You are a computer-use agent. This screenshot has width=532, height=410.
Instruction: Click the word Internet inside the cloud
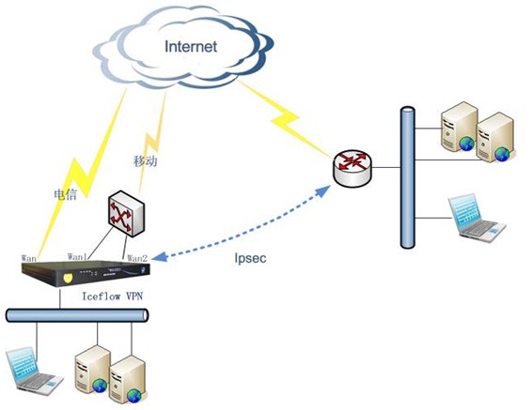[191, 46]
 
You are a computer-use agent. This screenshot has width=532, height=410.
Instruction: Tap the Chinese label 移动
[145, 161]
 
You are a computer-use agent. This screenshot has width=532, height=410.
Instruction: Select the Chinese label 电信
[66, 194]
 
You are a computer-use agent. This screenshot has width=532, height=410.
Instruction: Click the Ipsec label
[250, 258]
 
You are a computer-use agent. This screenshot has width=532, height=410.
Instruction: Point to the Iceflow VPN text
[112, 296]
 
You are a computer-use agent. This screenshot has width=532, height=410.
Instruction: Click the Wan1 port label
[77, 257]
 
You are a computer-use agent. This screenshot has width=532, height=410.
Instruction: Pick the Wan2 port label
[137, 259]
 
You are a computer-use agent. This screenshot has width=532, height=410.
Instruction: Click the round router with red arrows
[352, 168]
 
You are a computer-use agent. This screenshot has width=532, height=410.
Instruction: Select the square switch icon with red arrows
[127, 213]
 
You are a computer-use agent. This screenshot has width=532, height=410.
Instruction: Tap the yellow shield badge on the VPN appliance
[68, 279]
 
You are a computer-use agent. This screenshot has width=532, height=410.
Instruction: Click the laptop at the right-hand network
[477, 219]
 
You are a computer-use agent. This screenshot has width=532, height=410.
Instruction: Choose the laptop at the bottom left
[34, 371]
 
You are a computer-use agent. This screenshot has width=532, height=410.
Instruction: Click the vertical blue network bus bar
[408, 177]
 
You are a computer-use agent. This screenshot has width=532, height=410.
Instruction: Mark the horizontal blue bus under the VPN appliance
[77, 315]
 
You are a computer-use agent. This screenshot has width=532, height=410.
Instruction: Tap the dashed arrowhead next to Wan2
[159, 257]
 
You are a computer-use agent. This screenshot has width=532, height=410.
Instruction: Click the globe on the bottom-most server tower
[134, 395]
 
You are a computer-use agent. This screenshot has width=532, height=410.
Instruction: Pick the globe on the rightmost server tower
[502, 154]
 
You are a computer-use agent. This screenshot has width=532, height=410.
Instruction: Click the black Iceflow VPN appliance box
[86, 274]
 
